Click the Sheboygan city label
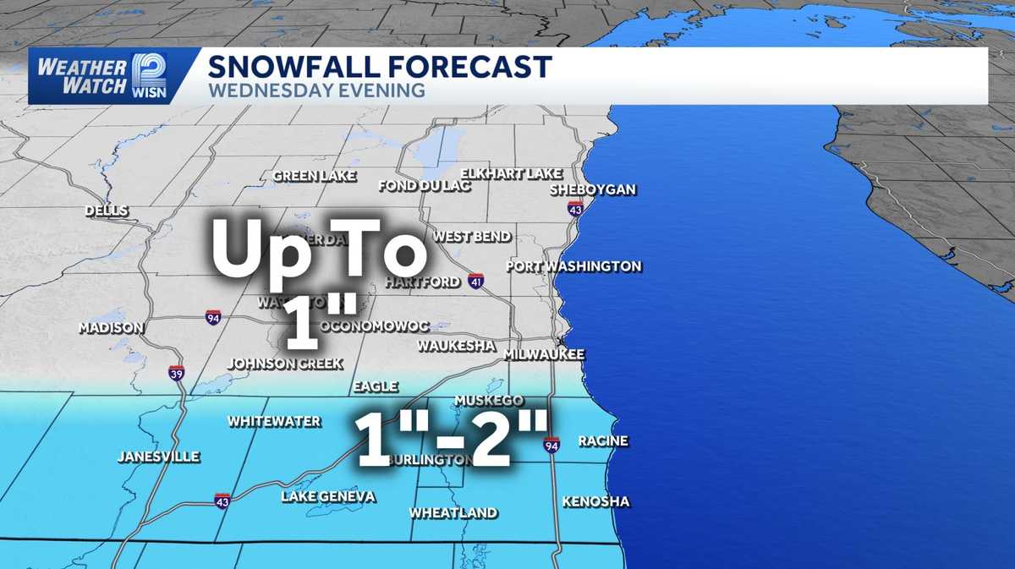point(593,189)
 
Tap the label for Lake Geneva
point(328,496)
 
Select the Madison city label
point(111,327)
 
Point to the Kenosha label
point(595,501)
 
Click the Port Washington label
point(573,266)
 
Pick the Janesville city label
point(158,457)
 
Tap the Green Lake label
point(314,176)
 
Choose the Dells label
point(107,211)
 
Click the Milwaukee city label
point(544,354)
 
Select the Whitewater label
point(274,421)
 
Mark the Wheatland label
point(453,512)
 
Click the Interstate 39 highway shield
point(176,373)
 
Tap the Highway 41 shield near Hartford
point(476,282)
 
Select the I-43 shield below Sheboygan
point(575,208)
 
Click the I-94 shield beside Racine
point(551,445)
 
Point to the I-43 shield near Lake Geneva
point(222,501)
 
